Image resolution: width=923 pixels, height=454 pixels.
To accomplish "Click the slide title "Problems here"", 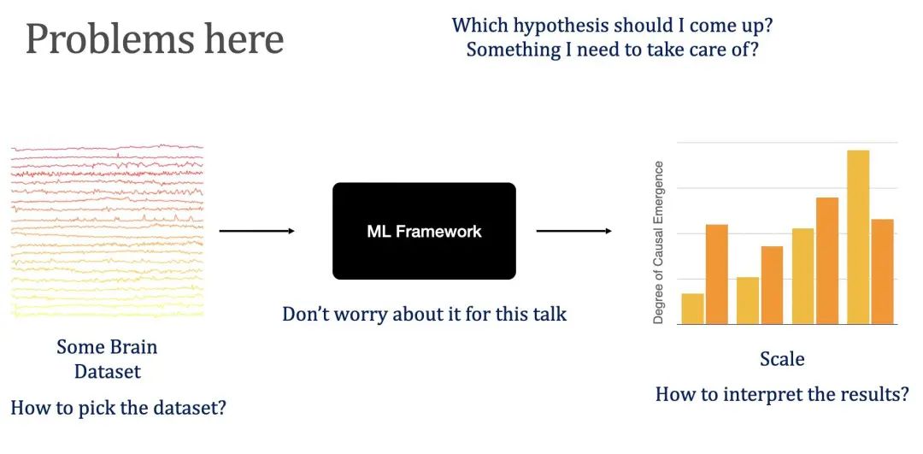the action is (155, 40).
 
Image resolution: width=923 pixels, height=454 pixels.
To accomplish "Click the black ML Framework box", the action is (424, 231).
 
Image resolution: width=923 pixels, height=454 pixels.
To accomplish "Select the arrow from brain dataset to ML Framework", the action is (256, 231).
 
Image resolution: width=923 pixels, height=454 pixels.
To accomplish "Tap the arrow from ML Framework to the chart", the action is (574, 231).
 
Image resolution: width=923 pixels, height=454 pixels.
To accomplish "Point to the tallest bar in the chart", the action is (858, 238).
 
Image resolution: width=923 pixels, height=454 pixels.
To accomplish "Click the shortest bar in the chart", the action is (692, 309).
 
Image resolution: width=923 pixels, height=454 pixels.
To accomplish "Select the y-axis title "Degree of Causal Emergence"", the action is (659, 242).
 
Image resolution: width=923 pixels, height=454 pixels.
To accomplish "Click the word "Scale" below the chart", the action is (782, 358).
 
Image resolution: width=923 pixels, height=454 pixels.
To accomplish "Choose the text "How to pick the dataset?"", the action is (118, 407).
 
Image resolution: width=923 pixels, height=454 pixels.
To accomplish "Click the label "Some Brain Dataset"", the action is (107, 359).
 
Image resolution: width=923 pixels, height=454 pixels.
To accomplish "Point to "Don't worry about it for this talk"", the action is (425, 314).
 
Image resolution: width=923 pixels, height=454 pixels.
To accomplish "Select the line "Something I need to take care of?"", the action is (612, 50).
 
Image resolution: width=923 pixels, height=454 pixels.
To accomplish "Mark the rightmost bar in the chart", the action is (882, 271).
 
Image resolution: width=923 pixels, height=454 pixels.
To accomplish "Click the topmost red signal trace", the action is (107, 148).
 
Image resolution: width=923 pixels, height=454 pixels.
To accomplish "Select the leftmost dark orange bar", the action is (716, 274).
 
